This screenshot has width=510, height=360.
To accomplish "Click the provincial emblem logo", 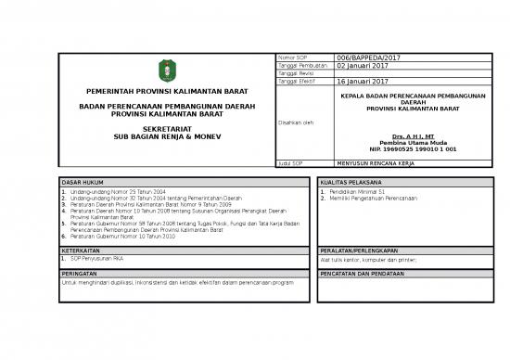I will point(167,70).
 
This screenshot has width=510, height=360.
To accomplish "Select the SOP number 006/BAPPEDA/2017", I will point(363,58).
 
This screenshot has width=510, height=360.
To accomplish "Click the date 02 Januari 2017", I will point(362,67).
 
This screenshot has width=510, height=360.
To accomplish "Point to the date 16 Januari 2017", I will point(362,83).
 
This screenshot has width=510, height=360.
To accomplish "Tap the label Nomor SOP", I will point(292,58).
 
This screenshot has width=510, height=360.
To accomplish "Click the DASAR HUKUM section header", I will point(82,183).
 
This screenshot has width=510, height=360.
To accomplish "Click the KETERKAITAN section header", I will point(80,251).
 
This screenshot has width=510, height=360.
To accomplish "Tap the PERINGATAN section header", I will point(80,275).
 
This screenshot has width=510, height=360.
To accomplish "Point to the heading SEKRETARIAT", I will point(168,128).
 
